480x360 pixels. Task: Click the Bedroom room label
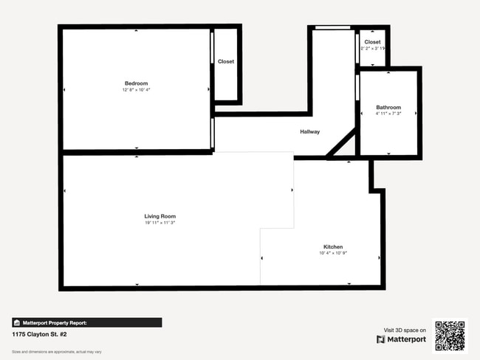coord(136,83)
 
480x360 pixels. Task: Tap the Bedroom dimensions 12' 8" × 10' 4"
coord(136,90)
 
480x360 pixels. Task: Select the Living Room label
coord(160,215)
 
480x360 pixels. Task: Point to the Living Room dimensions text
coord(160,222)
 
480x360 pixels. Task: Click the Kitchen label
coord(333,246)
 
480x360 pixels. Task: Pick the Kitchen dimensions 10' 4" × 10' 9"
coord(333,253)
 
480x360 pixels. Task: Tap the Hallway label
coord(309,132)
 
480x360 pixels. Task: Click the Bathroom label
coord(388,107)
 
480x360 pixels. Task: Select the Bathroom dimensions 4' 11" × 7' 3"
coord(388,114)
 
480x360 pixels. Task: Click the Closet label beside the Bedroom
coord(226,61)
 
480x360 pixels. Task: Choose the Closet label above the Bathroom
coord(372,42)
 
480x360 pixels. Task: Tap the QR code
coord(450,335)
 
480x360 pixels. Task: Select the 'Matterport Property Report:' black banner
coord(86,322)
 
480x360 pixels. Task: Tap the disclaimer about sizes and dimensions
coord(46,351)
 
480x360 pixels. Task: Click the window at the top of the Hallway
coord(332,28)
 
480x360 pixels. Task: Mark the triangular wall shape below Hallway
coord(343,150)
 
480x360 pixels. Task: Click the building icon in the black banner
coord(17,322)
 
